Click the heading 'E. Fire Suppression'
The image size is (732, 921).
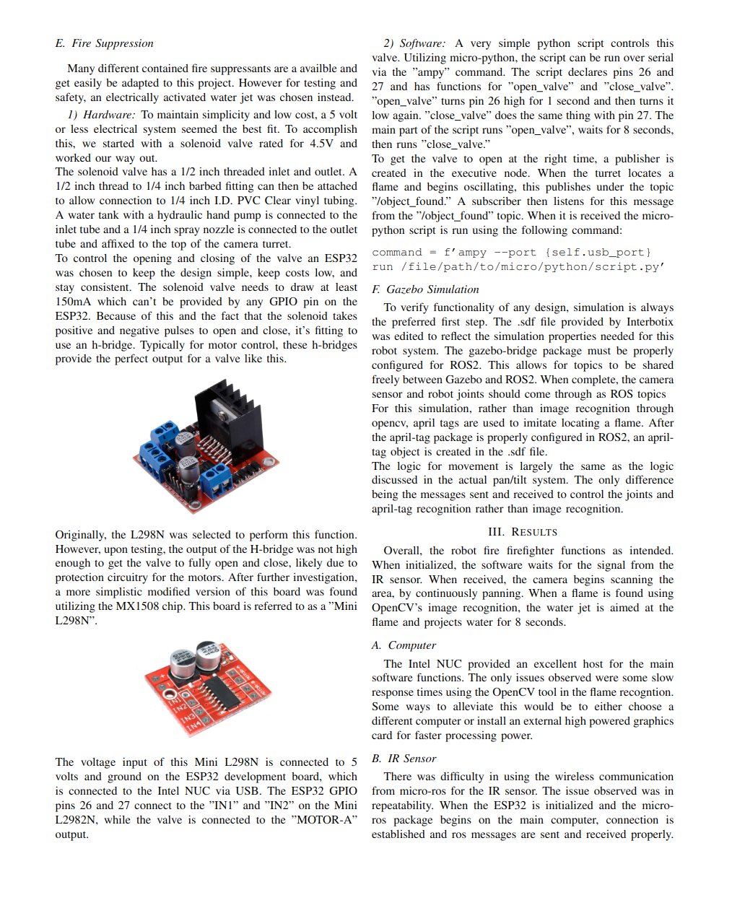pos(104,43)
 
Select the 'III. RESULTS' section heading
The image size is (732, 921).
pos(522,532)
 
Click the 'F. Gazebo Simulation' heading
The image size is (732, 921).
pos(425,289)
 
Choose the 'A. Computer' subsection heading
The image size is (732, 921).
pos(404,645)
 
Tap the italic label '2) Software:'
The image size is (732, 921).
pos(414,43)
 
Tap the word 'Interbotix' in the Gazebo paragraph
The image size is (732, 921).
pos(650,322)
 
